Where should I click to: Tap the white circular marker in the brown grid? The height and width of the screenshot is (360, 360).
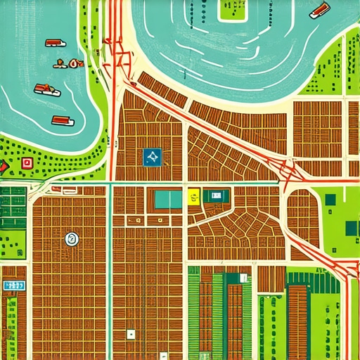click(70, 239)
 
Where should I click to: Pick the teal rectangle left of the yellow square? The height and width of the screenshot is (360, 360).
click(167, 199)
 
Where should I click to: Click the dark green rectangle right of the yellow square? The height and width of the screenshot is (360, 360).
click(217, 195)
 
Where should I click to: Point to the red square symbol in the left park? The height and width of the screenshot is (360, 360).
click(27, 163)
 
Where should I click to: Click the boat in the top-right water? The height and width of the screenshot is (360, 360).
click(319, 10)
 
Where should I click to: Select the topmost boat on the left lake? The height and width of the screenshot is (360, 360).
click(56, 43)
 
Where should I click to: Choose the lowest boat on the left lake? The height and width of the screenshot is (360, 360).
click(63, 120)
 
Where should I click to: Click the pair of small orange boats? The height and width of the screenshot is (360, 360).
click(68, 64)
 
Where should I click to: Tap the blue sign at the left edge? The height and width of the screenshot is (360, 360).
click(13, 285)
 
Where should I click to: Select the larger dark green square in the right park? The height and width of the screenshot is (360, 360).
click(352, 228)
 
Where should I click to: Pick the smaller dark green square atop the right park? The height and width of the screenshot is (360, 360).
click(330, 199)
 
